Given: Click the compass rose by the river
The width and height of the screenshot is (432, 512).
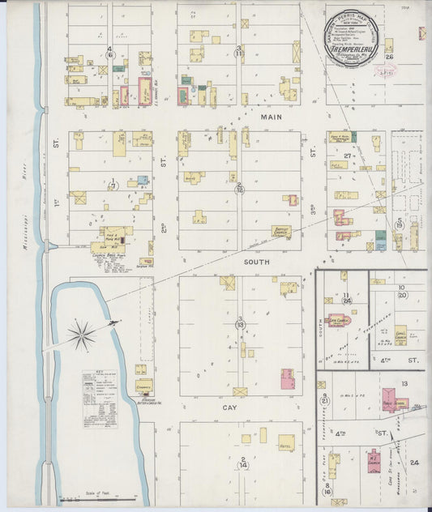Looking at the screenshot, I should click(x=81, y=333).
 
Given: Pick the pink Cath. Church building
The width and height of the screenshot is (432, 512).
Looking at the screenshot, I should click(x=338, y=323).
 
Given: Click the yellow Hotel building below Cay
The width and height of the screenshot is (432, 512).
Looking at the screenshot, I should click(x=286, y=442).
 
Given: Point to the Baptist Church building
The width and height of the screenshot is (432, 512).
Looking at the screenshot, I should click(x=280, y=231).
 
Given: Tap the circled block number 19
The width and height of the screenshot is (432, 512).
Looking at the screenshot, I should click(x=399, y=224).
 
